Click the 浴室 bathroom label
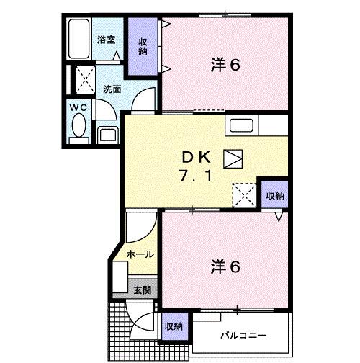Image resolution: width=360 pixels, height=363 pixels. point(107,40)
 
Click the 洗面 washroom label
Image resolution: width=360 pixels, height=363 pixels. point(111,90)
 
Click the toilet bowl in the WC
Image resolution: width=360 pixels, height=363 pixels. point(77,127)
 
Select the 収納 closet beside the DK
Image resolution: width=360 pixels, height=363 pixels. point(274,196)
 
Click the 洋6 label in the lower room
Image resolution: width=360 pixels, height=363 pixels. point(225,266)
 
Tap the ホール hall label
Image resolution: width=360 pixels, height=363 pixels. point(139,254)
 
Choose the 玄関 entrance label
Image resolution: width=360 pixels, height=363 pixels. point(142,290)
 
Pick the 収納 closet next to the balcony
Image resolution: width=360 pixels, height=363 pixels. point(173,326)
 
